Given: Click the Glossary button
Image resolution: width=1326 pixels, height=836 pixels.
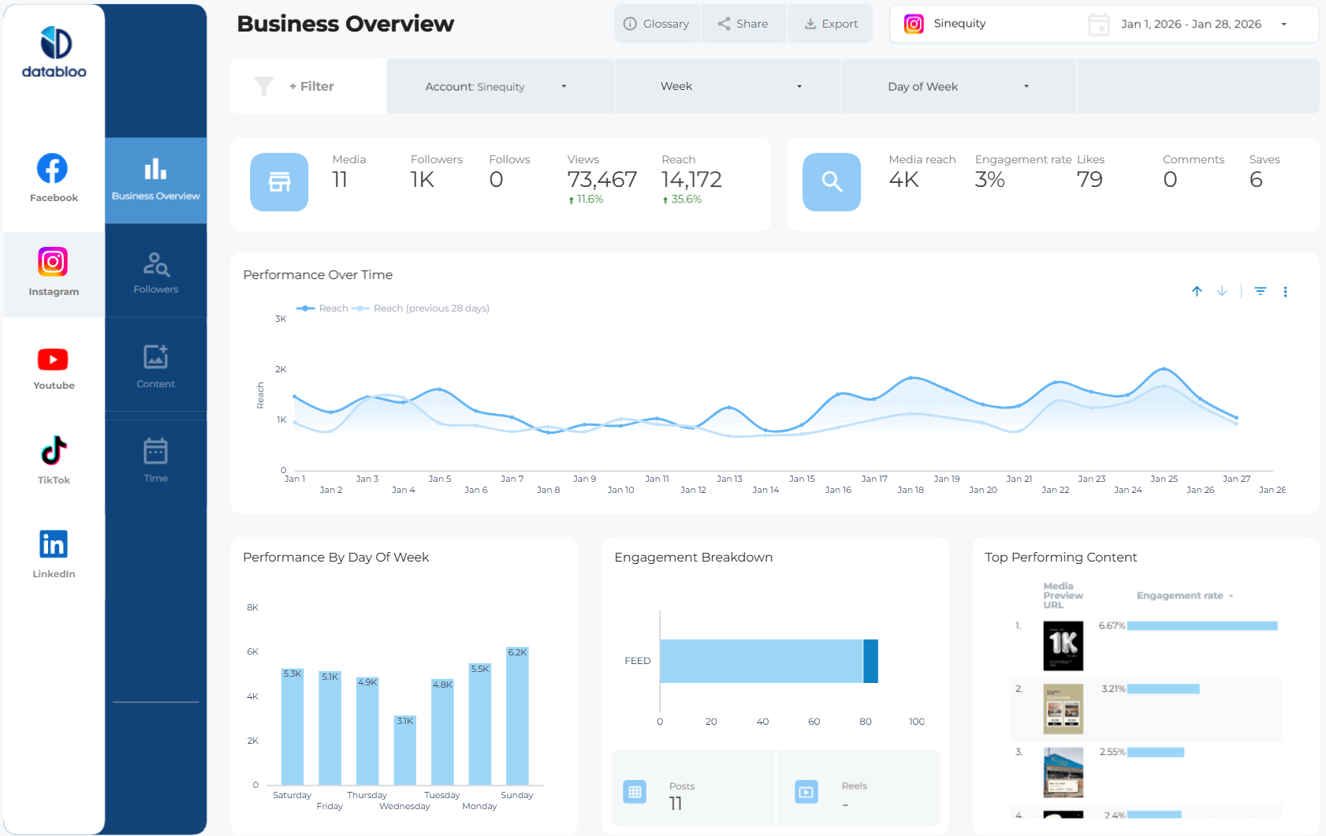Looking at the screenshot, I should tap(657, 24).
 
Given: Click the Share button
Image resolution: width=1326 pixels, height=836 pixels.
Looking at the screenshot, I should tap(743, 24).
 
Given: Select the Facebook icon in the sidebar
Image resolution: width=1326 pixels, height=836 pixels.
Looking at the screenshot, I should tap(53, 169).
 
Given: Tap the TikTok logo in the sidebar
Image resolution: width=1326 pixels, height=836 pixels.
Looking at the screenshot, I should tap(54, 451).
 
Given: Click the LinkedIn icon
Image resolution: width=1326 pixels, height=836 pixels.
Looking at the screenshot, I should tap(54, 544).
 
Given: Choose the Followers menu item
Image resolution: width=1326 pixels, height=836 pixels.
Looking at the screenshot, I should tap(156, 272).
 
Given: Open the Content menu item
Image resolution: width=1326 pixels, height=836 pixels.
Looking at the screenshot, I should tap(156, 366).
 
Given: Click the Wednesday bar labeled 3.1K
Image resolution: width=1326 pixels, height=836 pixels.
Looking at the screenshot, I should tap(404, 749).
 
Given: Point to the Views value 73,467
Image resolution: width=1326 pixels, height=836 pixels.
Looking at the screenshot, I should tap(602, 180).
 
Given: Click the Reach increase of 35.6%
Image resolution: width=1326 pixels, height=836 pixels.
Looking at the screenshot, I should tap(683, 200).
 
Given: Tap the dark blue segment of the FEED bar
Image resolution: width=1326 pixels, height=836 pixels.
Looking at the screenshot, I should tap(870, 661).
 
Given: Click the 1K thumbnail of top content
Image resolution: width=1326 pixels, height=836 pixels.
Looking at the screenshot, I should tap(1063, 645).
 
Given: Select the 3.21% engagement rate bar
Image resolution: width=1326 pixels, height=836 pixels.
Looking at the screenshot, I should tap(1164, 689).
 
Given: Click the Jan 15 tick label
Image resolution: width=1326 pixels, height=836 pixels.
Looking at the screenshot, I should tap(802, 479).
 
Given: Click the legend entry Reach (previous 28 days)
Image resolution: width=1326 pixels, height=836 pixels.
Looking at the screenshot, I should tap(430, 308).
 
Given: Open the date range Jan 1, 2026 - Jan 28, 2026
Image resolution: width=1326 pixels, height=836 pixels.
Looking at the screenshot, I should tap(1190, 24).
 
